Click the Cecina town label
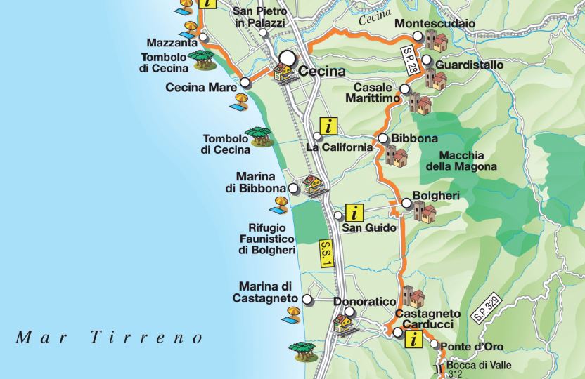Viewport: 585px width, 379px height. (322, 71)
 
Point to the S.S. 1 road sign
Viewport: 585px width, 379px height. (325, 254)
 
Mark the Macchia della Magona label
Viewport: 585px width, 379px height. (461, 161)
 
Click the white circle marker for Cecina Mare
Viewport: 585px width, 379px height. (245, 83)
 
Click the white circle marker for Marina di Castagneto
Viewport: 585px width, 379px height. (307, 300)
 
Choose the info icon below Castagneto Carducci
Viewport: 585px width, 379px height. (414, 340)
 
